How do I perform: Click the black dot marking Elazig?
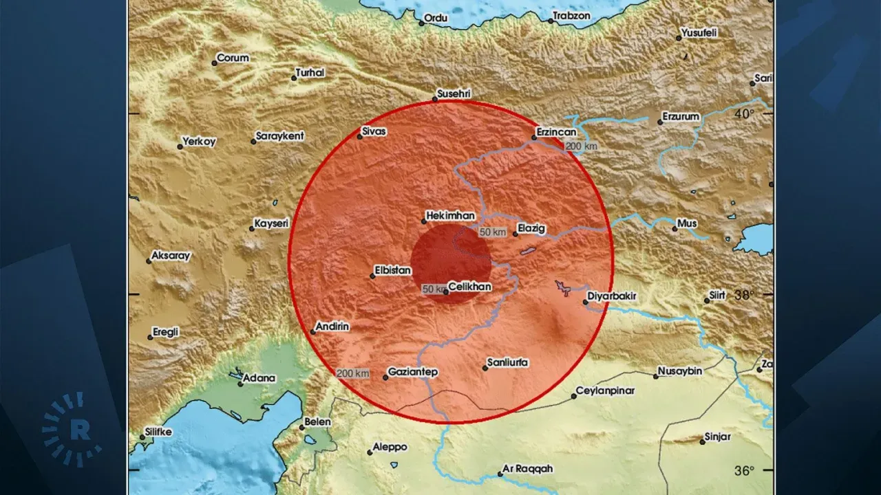point(516,234)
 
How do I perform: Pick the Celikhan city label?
point(469,287)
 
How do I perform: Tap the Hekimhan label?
point(451,216)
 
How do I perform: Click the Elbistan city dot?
point(372,276)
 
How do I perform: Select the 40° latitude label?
point(743,113)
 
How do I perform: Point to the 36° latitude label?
point(743,471)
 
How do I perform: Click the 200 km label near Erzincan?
point(581,146)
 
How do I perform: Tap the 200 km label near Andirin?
point(353,373)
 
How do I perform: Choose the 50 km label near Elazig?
point(493,232)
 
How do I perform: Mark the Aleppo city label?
point(390,447)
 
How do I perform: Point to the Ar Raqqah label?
point(528,469)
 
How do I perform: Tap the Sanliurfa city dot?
point(485,368)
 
